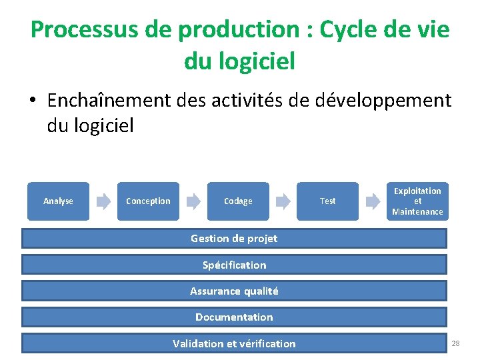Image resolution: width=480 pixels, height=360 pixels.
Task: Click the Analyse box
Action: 58,201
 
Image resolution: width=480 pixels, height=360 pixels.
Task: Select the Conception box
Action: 148,201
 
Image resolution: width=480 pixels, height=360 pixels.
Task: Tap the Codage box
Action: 238,201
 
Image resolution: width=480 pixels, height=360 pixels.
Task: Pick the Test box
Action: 327,201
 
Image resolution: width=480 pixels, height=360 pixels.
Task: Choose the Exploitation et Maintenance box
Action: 417,201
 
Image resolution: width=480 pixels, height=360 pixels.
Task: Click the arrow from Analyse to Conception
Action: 103,201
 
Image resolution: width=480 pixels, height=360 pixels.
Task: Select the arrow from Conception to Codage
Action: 193,201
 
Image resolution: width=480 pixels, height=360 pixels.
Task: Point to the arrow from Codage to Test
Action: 283,201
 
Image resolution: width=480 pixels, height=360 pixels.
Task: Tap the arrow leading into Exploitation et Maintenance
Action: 373,201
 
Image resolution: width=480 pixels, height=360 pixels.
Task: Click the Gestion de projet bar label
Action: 234,239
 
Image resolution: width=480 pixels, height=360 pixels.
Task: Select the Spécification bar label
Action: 234,265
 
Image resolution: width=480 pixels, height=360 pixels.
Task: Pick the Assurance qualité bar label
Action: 234,291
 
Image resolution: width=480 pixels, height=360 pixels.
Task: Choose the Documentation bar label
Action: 234,317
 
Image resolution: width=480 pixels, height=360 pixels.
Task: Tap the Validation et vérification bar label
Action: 234,343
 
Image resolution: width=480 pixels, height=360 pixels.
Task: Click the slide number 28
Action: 456,343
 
